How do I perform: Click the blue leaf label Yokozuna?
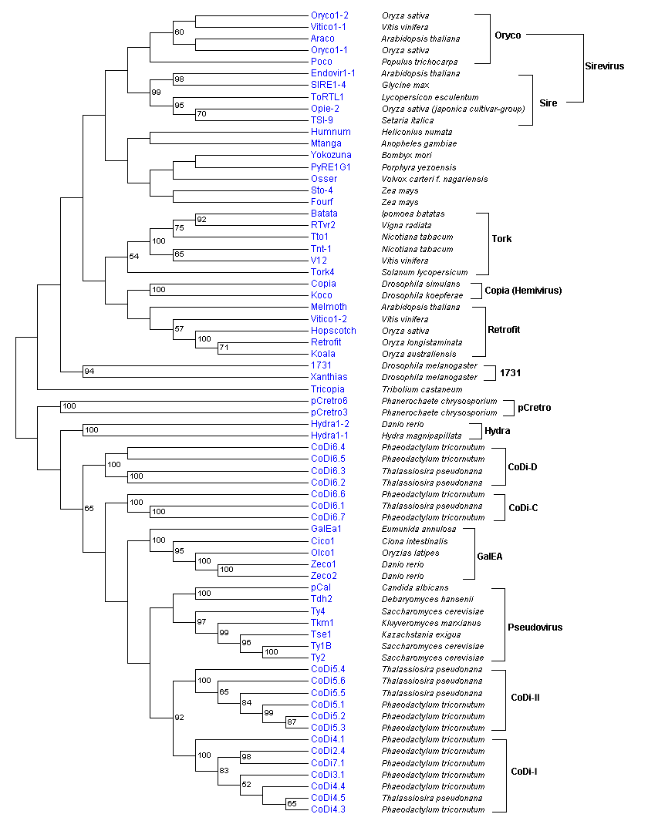(x=330, y=155)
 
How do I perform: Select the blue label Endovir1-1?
(x=333, y=73)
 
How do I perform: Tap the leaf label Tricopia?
(x=328, y=389)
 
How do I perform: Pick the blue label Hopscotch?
(x=332, y=331)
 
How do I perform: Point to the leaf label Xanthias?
(x=329, y=378)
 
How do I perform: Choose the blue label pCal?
(x=320, y=587)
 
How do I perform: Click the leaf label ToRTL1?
(x=327, y=97)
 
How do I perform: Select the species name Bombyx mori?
(x=407, y=155)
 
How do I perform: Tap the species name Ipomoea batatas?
(x=413, y=214)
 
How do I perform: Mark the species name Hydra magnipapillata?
(x=421, y=436)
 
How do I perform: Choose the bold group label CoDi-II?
(x=525, y=698)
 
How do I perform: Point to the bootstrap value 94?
(x=89, y=372)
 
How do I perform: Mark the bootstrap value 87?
(x=292, y=722)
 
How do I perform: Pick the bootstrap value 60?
(x=179, y=32)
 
